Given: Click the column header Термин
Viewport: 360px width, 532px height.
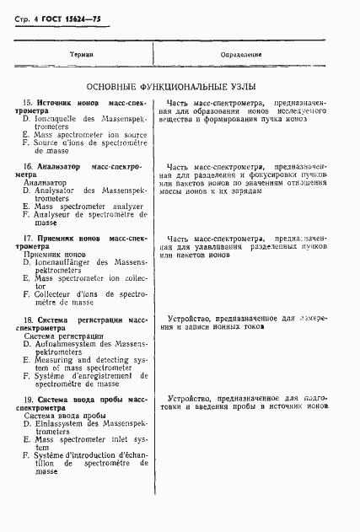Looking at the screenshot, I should (x=81, y=54).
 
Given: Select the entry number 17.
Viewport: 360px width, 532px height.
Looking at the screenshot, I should (x=25, y=239).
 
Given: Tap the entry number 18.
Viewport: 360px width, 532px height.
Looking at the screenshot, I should (x=25, y=320).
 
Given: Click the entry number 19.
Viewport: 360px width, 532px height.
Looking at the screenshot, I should (x=25, y=399).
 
